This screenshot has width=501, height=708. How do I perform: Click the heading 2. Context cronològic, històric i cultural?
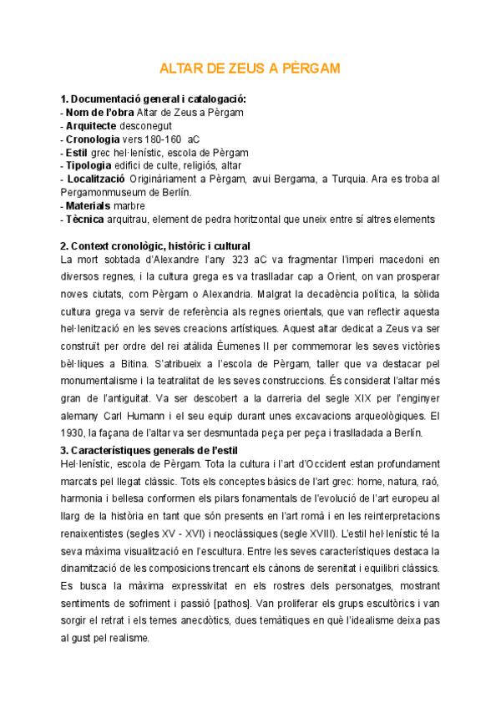tap(155, 246)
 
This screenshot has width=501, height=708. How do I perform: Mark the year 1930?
tap(72, 432)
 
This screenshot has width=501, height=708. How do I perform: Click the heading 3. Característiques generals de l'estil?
tap(150, 451)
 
